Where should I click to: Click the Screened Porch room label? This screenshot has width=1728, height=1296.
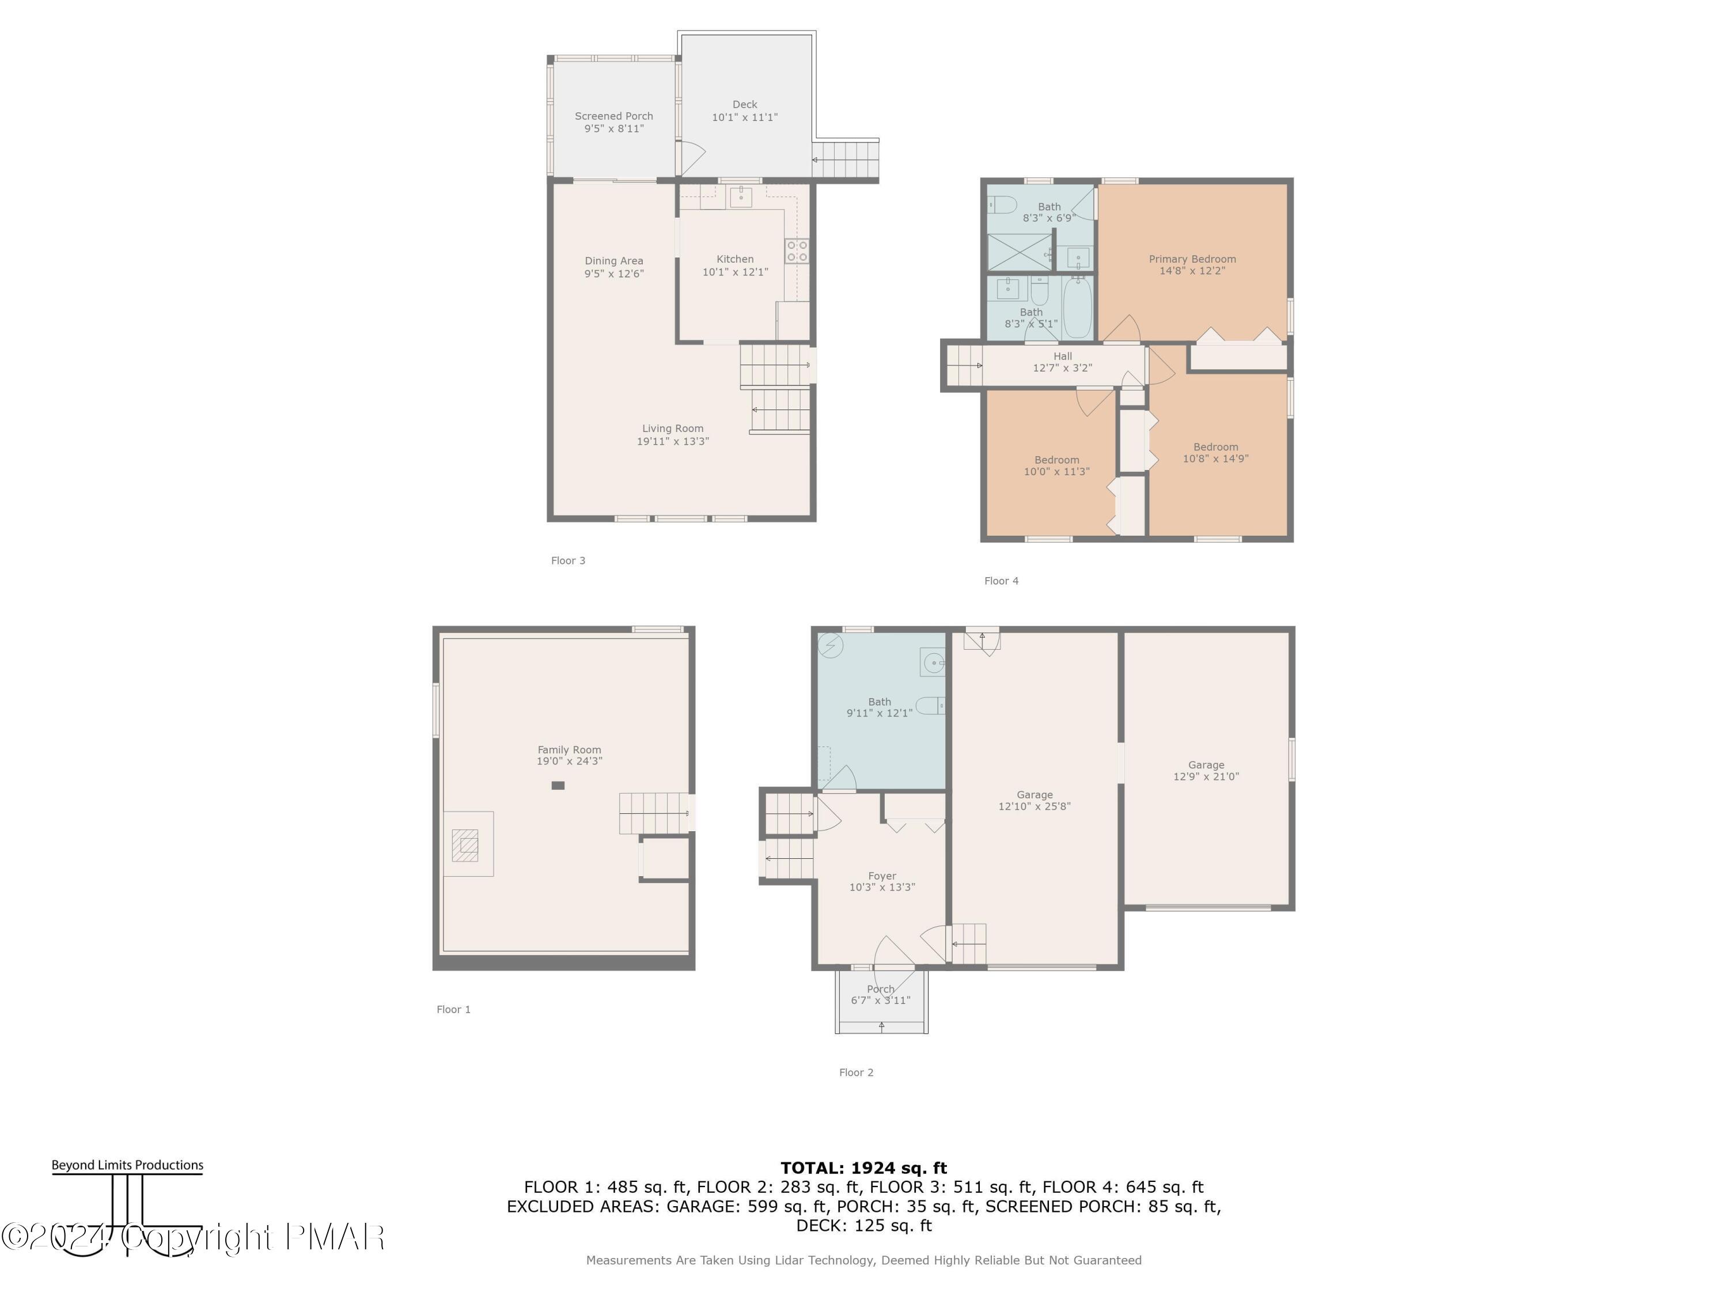click(614, 116)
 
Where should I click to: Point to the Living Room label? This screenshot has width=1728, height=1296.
click(673, 428)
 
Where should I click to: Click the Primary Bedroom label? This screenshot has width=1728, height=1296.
click(1192, 259)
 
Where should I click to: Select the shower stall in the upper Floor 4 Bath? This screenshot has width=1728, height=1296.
click(1020, 252)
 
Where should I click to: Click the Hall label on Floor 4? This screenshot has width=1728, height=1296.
click(1062, 356)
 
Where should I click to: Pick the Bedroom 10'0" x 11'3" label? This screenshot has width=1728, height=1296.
click(1057, 460)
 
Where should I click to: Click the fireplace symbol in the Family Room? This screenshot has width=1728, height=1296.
click(465, 845)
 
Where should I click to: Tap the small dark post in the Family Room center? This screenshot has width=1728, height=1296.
click(558, 786)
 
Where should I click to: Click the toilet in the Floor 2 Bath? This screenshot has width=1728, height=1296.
click(930, 706)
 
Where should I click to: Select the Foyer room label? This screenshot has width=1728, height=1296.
click(882, 876)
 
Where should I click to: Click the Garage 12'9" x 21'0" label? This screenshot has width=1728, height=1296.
click(1206, 765)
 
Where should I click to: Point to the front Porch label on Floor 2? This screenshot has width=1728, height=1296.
click(880, 989)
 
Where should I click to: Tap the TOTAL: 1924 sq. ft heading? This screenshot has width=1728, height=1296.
click(863, 1168)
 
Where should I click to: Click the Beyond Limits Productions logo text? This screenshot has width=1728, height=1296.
click(127, 1165)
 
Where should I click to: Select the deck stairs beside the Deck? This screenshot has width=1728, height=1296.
click(846, 160)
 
